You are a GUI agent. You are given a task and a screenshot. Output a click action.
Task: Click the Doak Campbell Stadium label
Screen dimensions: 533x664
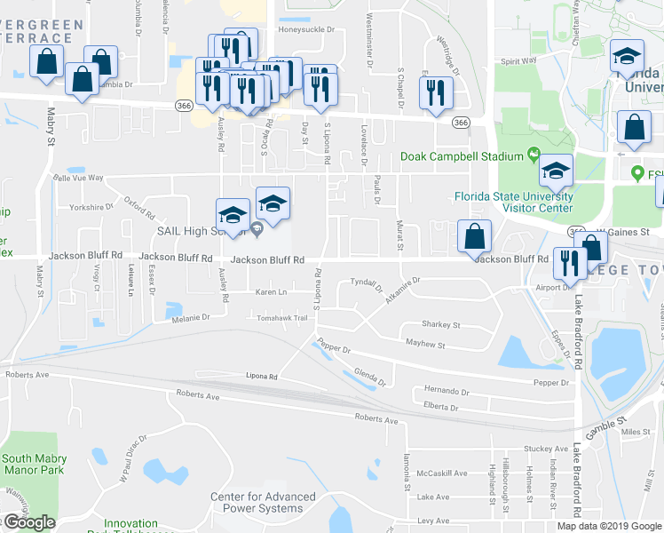[462, 156]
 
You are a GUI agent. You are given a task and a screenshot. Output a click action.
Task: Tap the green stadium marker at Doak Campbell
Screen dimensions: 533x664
[534, 155]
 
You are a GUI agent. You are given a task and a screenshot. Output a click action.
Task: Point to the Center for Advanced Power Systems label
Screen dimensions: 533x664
[263, 503]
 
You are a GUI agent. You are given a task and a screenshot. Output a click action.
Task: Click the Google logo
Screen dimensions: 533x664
[28, 523]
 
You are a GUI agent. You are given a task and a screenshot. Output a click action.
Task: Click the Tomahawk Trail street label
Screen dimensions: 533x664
[281, 318]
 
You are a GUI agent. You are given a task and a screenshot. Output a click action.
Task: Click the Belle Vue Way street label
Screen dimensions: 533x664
[79, 178]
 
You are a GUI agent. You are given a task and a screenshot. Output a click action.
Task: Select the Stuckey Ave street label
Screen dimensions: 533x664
[544, 449]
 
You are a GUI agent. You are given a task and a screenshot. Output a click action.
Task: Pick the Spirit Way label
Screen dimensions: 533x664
[518, 61]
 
